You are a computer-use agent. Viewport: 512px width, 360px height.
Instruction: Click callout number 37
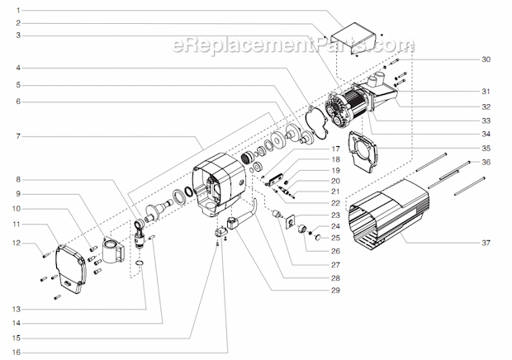[486, 242]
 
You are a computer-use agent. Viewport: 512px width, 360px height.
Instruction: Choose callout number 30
[486, 59]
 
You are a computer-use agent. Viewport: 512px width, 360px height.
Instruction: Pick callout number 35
[486, 148]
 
